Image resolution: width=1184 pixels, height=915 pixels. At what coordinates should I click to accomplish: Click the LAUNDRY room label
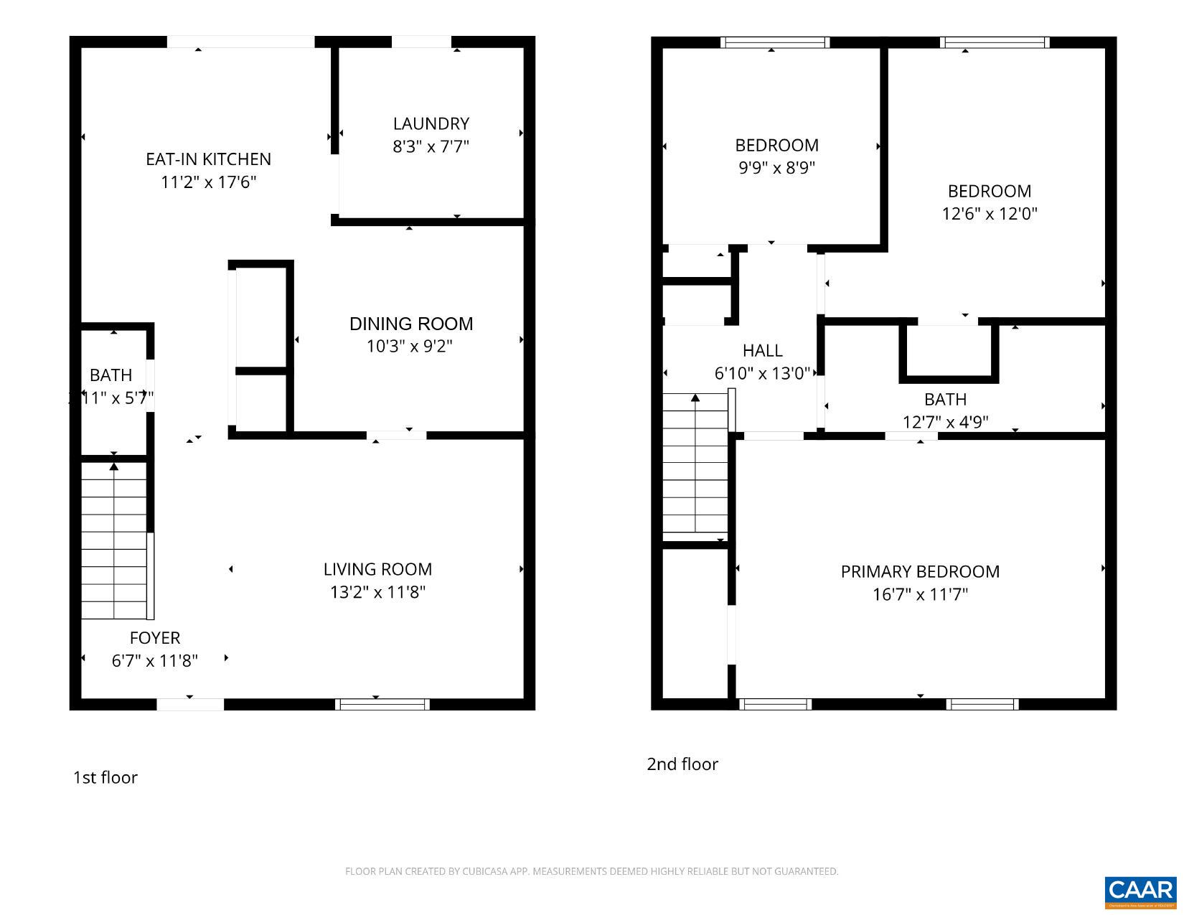tap(431, 123)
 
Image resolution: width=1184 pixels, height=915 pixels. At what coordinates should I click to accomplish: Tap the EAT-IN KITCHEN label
tap(208, 159)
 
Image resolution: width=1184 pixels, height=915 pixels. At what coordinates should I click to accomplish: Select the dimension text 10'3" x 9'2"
tap(409, 347)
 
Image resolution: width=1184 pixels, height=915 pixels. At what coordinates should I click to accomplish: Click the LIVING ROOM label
tap(377, 569)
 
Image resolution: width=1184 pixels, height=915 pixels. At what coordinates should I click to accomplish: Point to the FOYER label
tap(154, 638)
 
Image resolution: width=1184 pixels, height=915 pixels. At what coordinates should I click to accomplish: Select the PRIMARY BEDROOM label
tap(920, 571)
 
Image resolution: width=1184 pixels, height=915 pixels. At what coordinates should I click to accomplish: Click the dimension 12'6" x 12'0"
tap(990, 214)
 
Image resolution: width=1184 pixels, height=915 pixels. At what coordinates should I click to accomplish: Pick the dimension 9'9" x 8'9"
tap(776, 168)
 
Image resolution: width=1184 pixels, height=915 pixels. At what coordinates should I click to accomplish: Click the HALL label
tap(762, 350)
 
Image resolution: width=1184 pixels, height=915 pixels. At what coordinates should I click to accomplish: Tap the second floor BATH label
tap(945, 399)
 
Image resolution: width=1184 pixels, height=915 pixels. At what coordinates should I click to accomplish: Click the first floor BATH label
tap(111, 375)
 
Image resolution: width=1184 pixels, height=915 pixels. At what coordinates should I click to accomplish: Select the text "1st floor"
tap(105, 777)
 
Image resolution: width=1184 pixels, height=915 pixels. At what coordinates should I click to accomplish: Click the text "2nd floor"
tap(682, 764)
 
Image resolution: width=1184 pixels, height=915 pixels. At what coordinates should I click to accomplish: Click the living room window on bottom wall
tap(382, 704)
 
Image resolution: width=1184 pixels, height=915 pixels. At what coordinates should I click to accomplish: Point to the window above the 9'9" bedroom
tap(775, 42)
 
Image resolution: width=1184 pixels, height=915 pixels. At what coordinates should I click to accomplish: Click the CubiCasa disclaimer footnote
tap(591, 871)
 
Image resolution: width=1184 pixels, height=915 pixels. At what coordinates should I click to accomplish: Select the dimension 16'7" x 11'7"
tap(920, 594)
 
